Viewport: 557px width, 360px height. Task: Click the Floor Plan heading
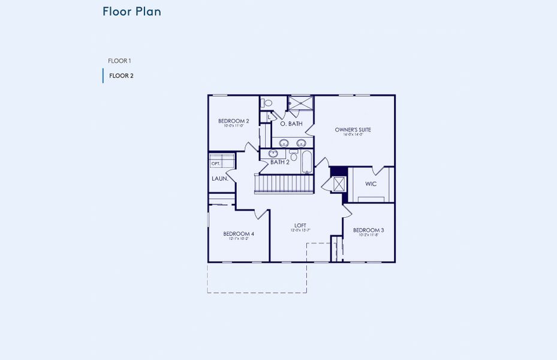pyautogui.click(x=131, y=11)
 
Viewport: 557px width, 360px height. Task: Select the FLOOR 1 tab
pyautogui.click(x=119, y=61)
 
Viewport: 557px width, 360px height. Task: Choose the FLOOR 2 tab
pyautogui.click(x=121, y=76)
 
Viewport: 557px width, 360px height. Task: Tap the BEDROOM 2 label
pyautogui.click(x=233, y=121)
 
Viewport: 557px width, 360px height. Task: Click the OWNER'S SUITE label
pyautogui.click(x=353, y=129)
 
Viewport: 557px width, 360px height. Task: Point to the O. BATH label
pyautogui.click(x=291, y=124)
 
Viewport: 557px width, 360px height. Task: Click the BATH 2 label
pyautogui.click(x=279, y=162)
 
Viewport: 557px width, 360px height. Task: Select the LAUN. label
pyautogui.click(x=219, y=178)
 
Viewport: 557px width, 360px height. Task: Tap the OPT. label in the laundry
pyautogui.click(x=215, y=163)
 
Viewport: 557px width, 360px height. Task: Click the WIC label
pyautogui.click(x=371, y=184)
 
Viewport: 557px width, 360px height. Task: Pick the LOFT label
pyautogui.click(x=300, y=225)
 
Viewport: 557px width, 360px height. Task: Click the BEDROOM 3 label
pyautogui.click(x=368, y=230)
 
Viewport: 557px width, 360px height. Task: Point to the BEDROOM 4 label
pyautogui.click(x=239, y=233)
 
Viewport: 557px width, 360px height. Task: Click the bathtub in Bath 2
pyautogui.click(x=306, y=161)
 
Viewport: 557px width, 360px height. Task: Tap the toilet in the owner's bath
pyautogui.click(x=267, y=103)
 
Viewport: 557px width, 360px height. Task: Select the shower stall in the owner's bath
pyautogui.click(x=300, y=103)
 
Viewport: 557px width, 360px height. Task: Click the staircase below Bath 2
pyautogui.click(x=284, y=183)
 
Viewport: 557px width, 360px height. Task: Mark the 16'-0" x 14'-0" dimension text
pyautogui.click(x=353, y=135)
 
